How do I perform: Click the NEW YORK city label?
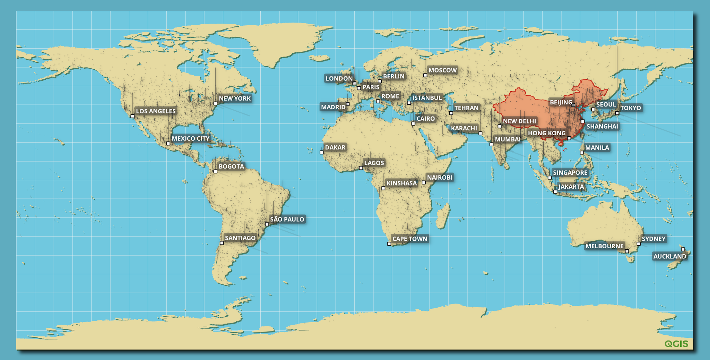[234, 98]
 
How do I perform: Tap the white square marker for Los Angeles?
[132, 116]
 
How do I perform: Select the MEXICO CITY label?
[190, 138]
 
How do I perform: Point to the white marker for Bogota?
[215, 171]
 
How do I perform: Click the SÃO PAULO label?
[287, 219]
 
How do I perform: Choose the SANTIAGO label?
[240, 238]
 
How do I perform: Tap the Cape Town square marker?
[389, 244]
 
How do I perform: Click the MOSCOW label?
[442, 70]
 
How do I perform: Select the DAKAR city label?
[335, 147]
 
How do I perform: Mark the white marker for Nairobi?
[424, 182]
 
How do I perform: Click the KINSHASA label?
[401, 183]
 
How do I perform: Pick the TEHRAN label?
[466, 108]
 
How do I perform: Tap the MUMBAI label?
[507, 139]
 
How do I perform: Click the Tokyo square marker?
[617, 113]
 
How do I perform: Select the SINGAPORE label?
[570, 172]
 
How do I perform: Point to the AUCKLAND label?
[669, 256]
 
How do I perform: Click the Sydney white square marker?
[639, 244]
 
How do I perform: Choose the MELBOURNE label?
[604, 246]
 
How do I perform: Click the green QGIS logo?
[676, 344]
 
